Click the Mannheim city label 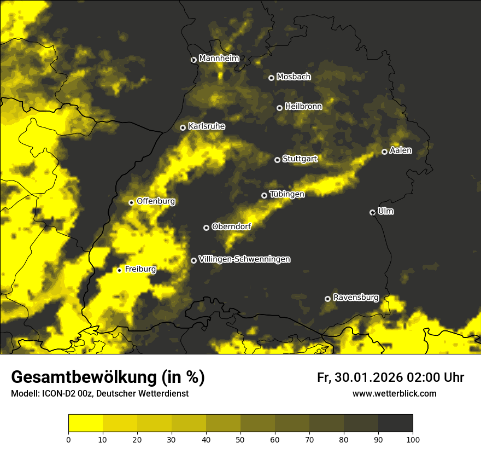tap(219, 59)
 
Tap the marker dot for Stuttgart tap(277, 160)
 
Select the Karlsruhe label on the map tap(206, 126)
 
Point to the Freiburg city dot tap(119, 270)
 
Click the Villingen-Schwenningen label tap(244, 259)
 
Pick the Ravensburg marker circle tap(327, 299)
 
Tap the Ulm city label tap(385, 211)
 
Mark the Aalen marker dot tap(384, 152)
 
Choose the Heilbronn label tap(303, 107)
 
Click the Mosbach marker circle tap(271, 78)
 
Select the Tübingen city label tap(287, 194)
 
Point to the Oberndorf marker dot tap(206, 228)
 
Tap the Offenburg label tap(156, 201)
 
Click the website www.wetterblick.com tap(394, 393)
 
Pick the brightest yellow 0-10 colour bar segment tap(85, 423)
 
